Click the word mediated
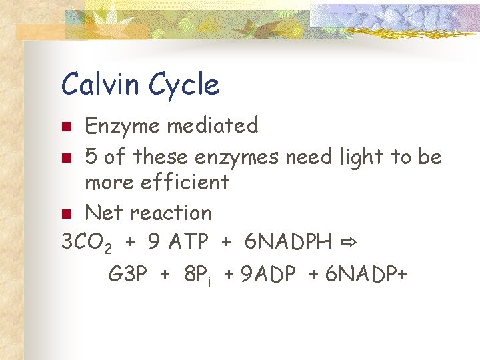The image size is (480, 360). click(x=213, y=125)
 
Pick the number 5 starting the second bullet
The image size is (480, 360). click(x=91, y=157)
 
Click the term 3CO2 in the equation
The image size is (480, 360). click(x=86, y=243)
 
